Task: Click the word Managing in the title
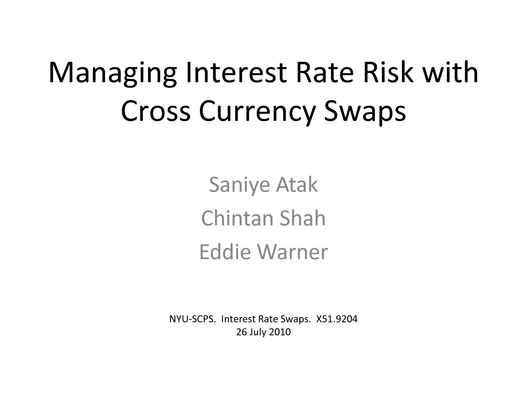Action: pyautogui.click(x=113, y=73)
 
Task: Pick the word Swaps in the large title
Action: pyautogui.click(x=365, y=113)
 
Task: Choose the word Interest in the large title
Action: pyautogui.click(x=236, y=72)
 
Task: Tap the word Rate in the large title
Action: pyautogui.click(x=325, y=72)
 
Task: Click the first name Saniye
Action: pyautogui.click(x=239, y=185)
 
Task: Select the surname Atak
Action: pyautogui.click(x=297, y=184)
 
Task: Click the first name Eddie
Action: pyautogui.click(x=225, y=251)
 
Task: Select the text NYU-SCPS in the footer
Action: pyautogui.click(x=193, y=319)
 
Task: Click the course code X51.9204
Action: pyautogui.click(x=337, y=319)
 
